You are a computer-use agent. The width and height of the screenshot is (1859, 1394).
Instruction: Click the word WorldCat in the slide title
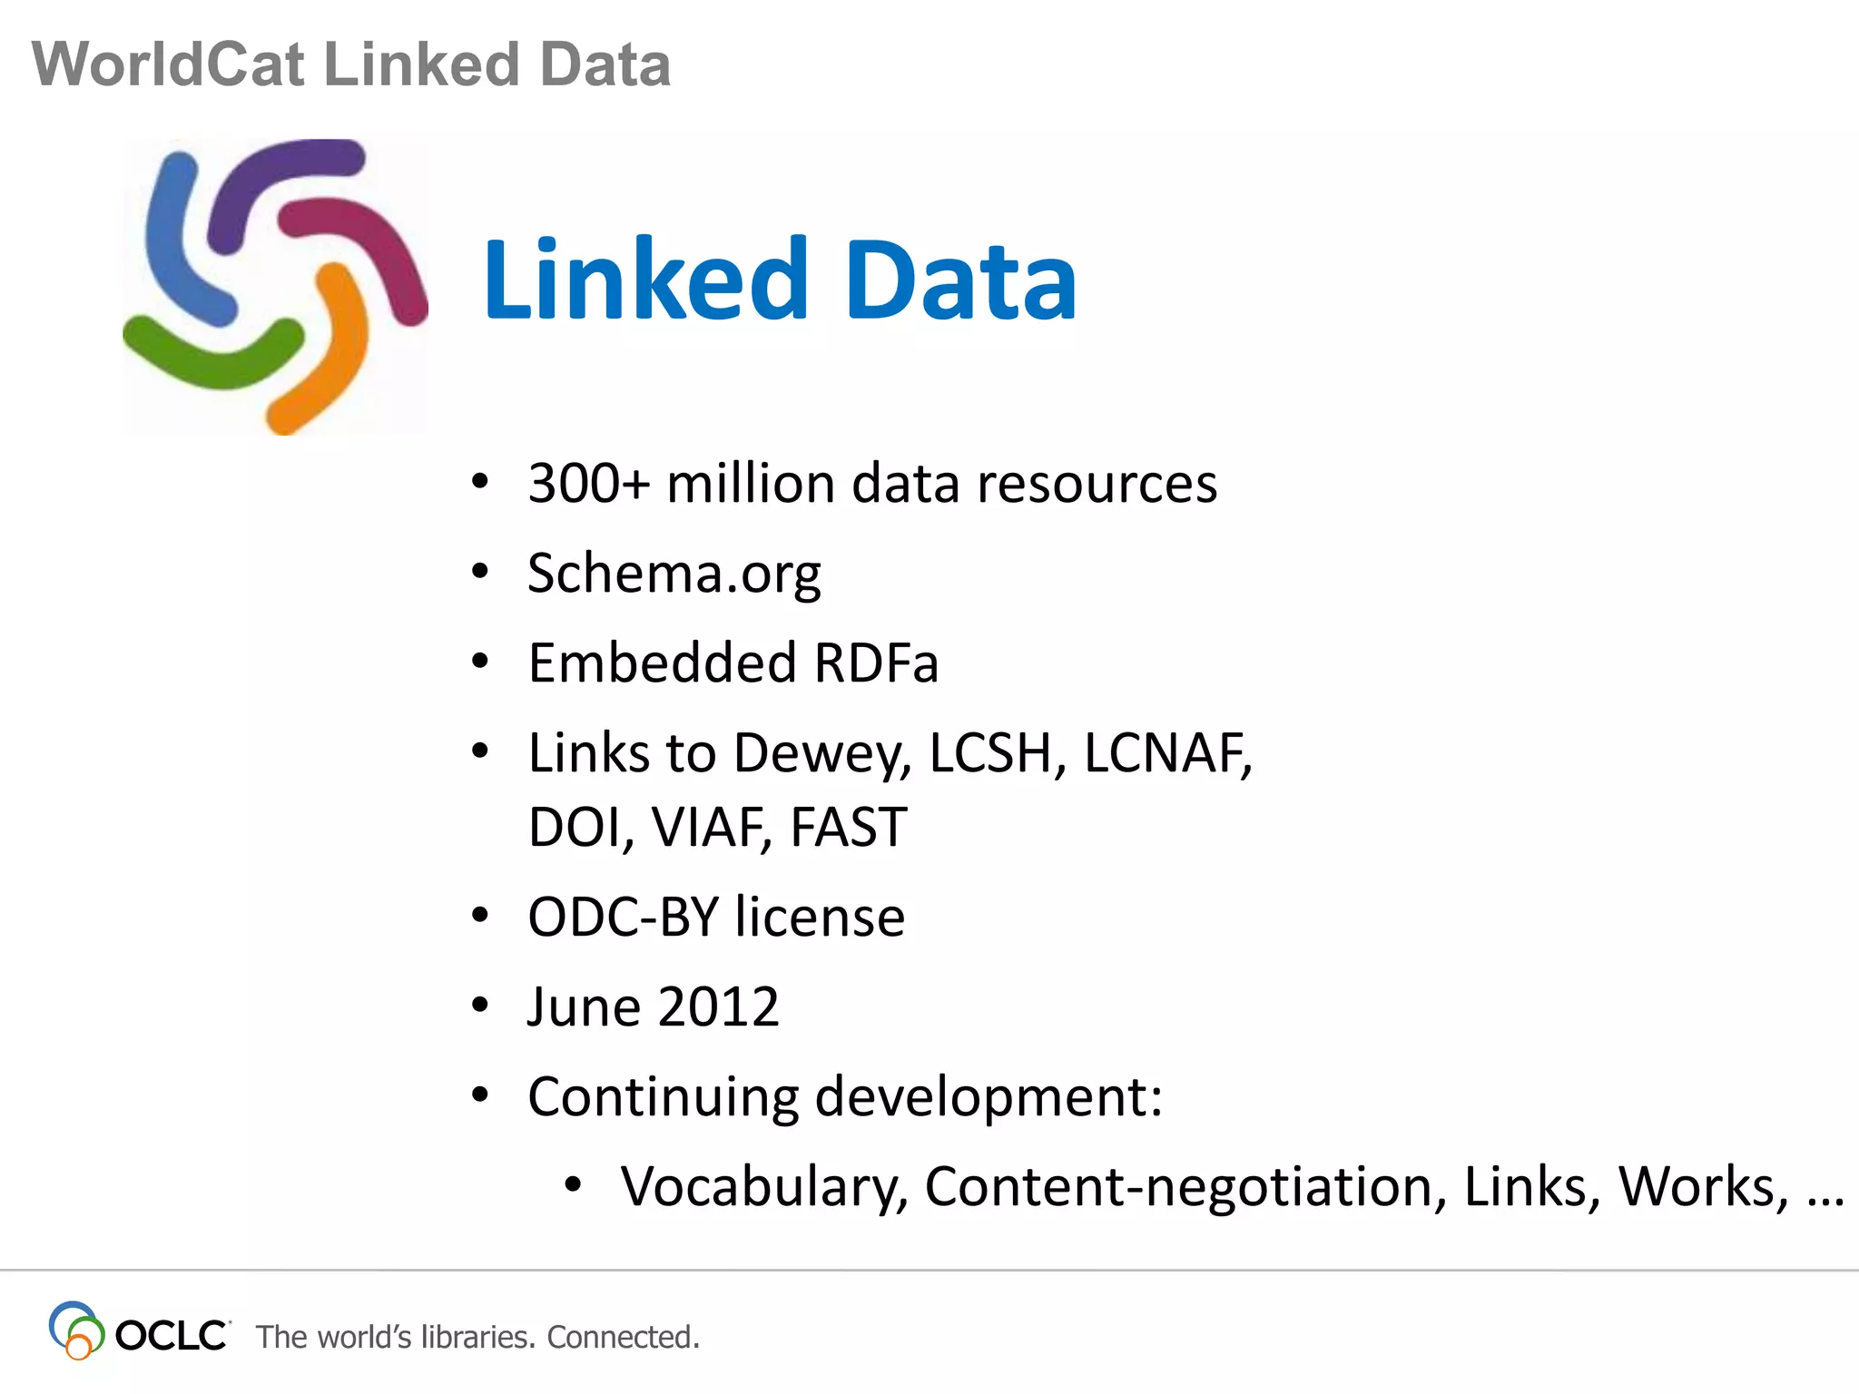point(168,64)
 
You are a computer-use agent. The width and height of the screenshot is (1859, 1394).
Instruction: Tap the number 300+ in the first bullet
point(589,483)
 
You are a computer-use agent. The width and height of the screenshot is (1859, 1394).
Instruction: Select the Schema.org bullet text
point(674,573)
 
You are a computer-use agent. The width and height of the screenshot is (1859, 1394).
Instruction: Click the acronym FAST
point(849,827)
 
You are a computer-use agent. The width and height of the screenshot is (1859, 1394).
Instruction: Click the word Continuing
point(664,1096)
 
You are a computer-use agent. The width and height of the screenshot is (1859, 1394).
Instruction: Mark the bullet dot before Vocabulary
point(572,1184)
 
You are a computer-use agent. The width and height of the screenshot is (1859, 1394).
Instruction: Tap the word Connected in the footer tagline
point(623,1337)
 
